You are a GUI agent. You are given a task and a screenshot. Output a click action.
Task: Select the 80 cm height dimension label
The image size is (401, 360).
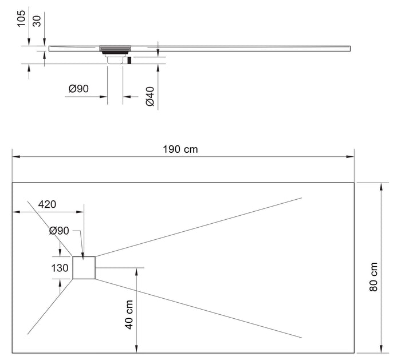[373, 277]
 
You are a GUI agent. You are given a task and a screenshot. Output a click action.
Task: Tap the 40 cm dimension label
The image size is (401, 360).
[129, 314]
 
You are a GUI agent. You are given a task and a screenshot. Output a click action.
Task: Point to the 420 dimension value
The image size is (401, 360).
[48, 204]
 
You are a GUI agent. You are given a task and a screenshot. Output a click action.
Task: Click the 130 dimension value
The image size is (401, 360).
[60, 268]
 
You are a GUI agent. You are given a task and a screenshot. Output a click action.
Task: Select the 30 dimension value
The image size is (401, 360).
[37, 22]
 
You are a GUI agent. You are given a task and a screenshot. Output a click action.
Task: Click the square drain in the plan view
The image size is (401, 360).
[84, 268]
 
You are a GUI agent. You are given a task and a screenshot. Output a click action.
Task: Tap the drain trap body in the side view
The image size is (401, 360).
[115, 57]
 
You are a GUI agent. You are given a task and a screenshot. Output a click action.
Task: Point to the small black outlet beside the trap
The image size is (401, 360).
[129, 60]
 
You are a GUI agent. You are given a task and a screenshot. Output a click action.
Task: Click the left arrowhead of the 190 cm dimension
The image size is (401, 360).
[15, 156]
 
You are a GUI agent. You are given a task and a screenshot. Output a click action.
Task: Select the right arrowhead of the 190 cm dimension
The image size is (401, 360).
[352, 156]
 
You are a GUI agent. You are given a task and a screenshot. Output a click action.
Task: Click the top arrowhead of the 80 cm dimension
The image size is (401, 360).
[381, 186]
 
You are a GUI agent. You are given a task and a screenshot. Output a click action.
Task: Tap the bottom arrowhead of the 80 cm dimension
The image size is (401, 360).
[381, 350]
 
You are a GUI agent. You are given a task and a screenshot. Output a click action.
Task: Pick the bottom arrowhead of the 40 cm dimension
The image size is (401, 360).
[136, 350]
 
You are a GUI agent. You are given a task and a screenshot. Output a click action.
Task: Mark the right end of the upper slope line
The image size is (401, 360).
[301, 198]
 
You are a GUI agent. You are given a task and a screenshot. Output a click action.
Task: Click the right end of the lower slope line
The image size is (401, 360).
[301, 339]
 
